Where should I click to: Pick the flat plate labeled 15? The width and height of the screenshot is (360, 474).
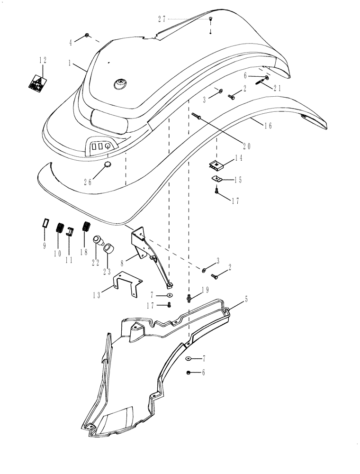[x=217, y=179]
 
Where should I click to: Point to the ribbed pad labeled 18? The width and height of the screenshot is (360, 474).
[x=86, y=226]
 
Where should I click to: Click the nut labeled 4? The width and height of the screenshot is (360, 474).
[x=87, y=36]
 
